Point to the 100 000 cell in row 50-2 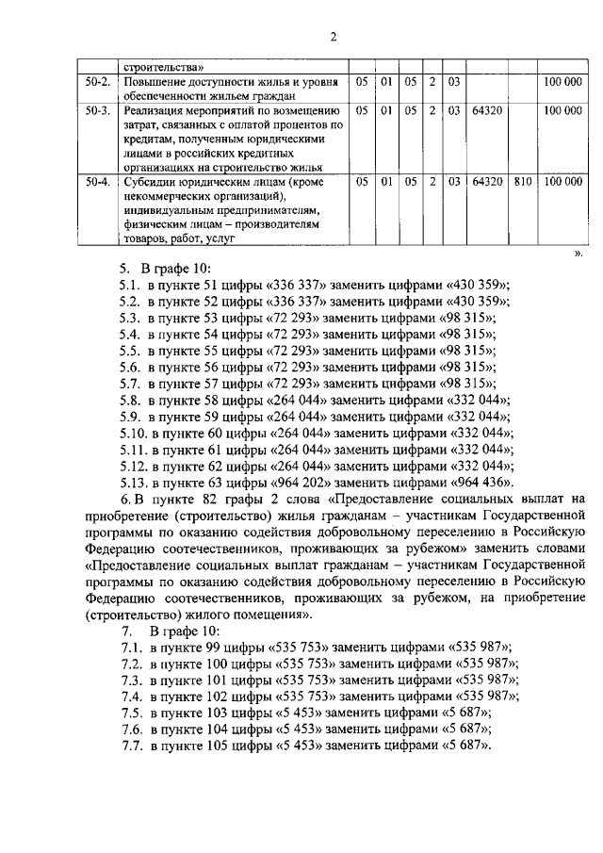tap(562, 82)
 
